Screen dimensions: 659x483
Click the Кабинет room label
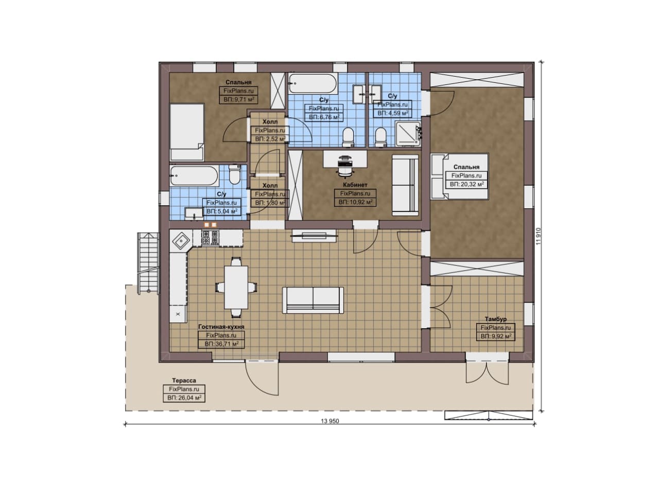(355, 185)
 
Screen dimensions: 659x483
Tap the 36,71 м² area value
(227, 344)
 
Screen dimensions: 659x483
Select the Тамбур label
(496, 319)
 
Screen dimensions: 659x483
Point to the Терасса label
(184, 381)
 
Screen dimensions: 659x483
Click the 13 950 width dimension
(330, 421)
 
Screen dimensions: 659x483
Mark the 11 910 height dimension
(539, 236)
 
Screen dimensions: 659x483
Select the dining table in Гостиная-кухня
(236, 288)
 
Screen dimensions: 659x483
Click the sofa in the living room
(313, 300)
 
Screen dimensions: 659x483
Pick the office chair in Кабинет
(345, 167)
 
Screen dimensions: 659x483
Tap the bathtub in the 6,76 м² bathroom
(313, 83)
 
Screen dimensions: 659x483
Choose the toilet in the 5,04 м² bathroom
(235, 174)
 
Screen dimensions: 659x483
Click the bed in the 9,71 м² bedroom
(187, 132)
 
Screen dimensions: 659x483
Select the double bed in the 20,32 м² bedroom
(460, 176)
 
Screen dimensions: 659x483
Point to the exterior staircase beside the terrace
(148, 263)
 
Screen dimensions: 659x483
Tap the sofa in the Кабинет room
(405, 186)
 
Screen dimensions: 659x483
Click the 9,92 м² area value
(496, 336)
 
